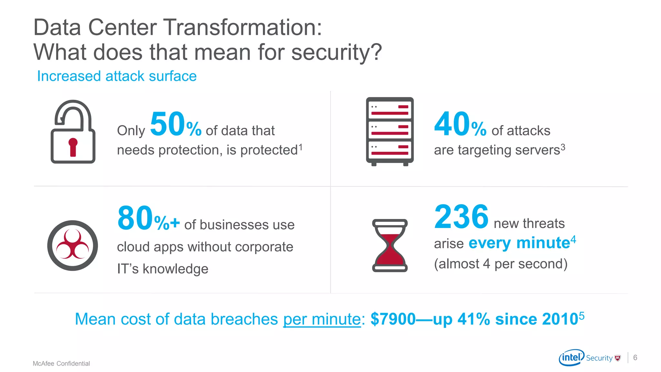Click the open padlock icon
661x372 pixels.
pos(73,132)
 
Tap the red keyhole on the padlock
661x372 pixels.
pos(73,147)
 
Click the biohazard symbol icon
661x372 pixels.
pos(73,245)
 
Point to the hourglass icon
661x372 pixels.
pos(390,245)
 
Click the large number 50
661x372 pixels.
pos(167,124)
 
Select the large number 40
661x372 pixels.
pos(451,124)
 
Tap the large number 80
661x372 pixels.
pos(135,219)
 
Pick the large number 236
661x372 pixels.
pos(461,217)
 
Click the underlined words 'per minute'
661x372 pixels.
pos(322,319)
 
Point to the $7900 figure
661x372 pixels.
pos(393,319)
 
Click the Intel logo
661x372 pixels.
pos(571,357)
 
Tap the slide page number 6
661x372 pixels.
pos(635,357)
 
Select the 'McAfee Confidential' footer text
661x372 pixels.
pos(61,364)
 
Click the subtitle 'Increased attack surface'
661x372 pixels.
pos(117,76)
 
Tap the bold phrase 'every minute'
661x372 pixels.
pos(519,243)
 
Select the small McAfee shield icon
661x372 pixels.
pos(618,358)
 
